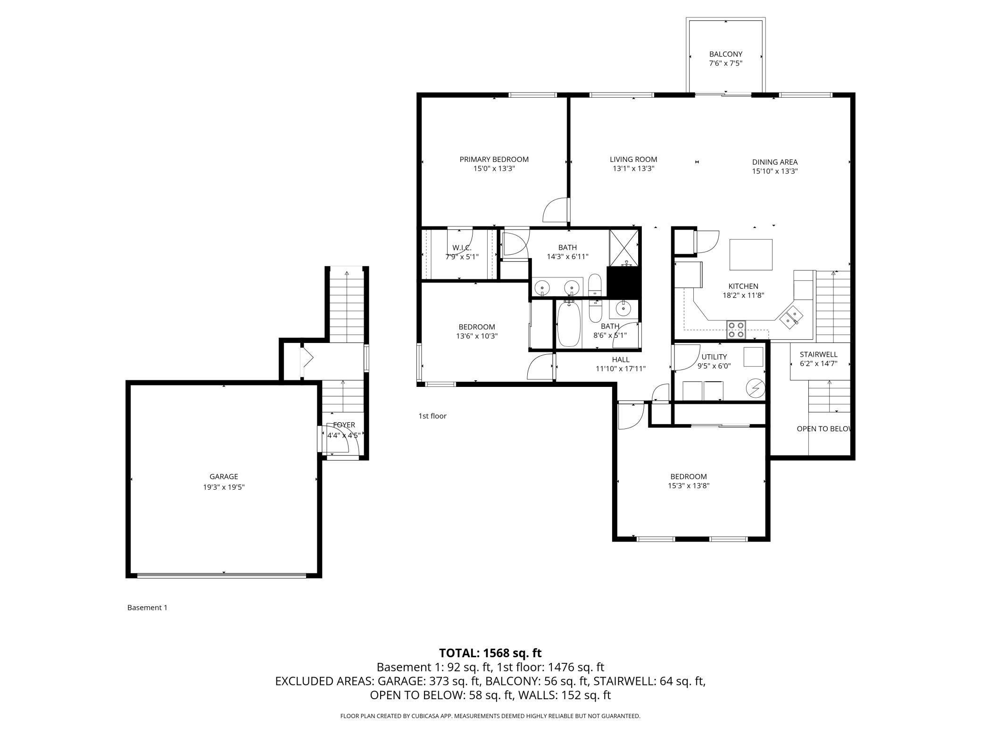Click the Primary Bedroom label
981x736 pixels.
click(x=494, y=159)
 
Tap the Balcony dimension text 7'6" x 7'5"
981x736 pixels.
click(x=726, y=63)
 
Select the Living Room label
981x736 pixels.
click(x=633, y=159)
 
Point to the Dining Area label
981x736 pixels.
click(x=775, y=162)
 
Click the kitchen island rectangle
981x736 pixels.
click(x=751, y=254)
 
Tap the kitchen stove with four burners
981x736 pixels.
click(x=736, y=329)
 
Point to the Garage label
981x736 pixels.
click(x=224, y=477)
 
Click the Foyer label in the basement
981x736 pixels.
click(x=344, y=425)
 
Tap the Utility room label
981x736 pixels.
click(x=714, y=357)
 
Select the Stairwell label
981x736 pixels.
click(x=819, y=354)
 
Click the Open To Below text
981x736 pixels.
click(x=824, y=429)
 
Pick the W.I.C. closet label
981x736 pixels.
click(x=462, y=248)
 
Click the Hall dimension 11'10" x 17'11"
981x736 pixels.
click(x=621, y=369)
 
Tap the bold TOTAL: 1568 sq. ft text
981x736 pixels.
click(x=490, y=653)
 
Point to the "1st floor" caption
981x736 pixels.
click(x=432, y=416)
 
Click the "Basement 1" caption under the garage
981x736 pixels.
click(x=147, y=608)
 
